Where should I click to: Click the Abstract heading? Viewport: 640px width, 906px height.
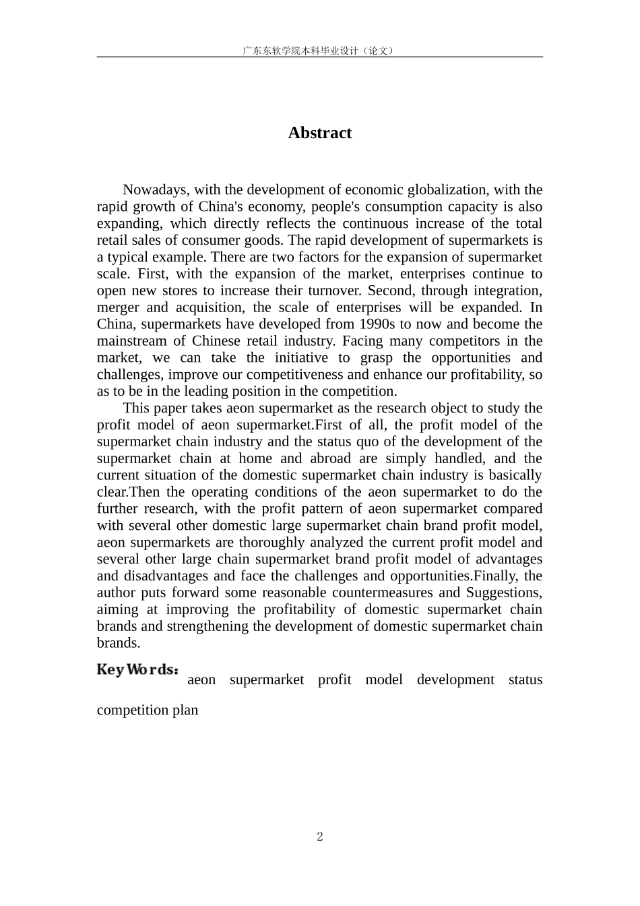(x=319, y=133)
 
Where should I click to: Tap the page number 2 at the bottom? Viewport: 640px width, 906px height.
(x=320, y=837)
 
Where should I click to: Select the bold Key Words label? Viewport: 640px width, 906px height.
(x=138, y=670)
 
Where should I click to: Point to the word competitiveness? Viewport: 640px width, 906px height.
(x=297, y=375)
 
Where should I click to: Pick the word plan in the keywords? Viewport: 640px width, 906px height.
(x=185, y=710)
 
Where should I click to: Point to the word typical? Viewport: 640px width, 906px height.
(x=129, y=257)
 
